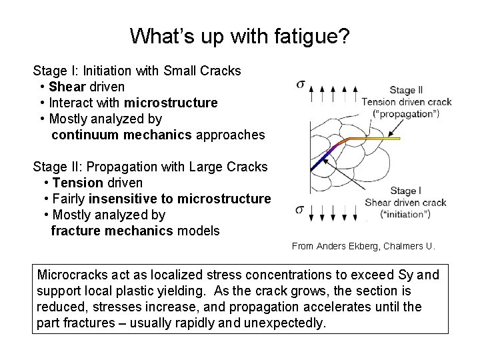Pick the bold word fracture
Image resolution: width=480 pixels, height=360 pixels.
pyautogui.click(x=78, y=231)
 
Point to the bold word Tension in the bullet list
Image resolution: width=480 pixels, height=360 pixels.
pyautogui.click(x=77, y=183)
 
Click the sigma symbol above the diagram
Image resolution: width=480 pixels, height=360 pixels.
pyautogui.click(x=301, y=85)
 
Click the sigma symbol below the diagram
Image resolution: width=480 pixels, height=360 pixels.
pyautogui.click(x=301, y=210)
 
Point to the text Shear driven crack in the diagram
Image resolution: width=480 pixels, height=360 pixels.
pyautogui.click(x=405, y=203)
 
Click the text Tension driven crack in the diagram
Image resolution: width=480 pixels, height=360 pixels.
pyautogui.click(x=406, y=102)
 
